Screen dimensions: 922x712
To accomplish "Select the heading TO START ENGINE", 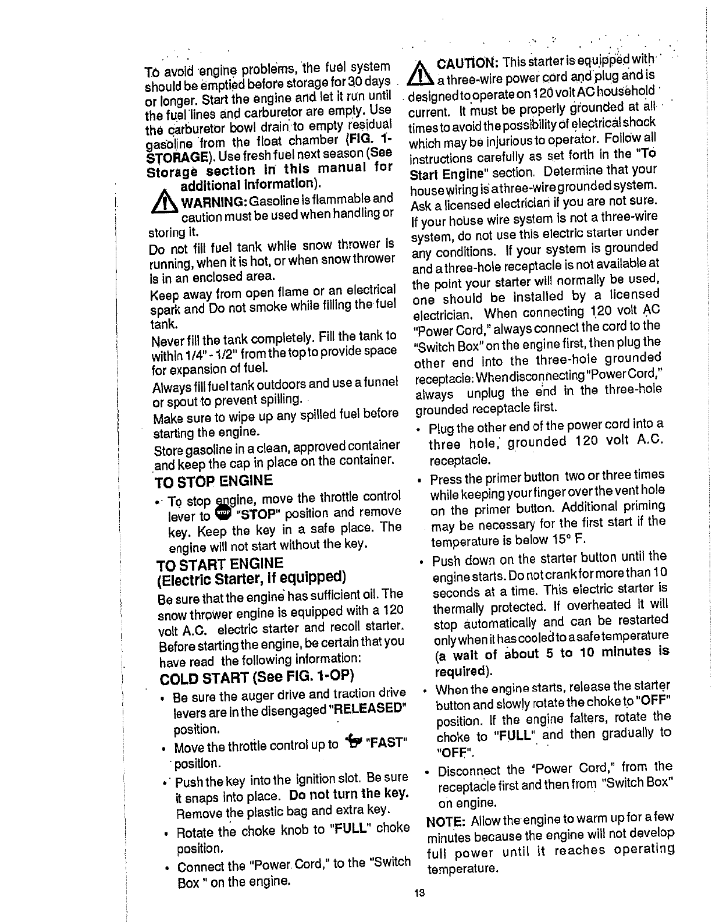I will pos(220,563).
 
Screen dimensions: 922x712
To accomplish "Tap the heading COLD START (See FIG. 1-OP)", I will pos(257,678).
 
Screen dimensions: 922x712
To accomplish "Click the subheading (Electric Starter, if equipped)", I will pos(252,578).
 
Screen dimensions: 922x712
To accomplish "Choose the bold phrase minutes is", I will pos(639,651).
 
